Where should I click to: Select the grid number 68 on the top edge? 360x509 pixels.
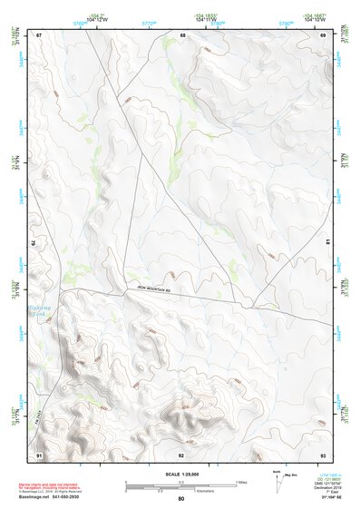point(182,35)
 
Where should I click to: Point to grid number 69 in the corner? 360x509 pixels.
point(323,35)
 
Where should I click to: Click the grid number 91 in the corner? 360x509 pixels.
point(39,454)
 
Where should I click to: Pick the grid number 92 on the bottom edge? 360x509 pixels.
point(181,454)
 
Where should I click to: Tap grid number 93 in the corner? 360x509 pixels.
point(323,454)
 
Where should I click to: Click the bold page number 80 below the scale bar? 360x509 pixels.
point(181,498)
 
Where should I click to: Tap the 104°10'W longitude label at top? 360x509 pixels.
point(314,18)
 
